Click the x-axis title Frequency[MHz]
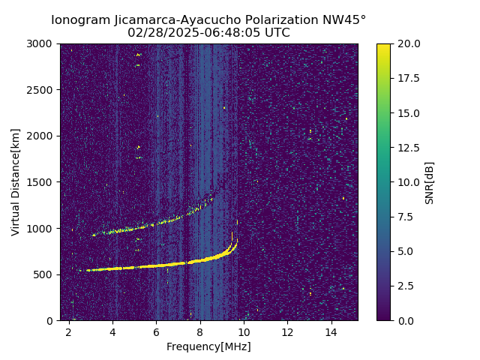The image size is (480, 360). [x=208, y=346]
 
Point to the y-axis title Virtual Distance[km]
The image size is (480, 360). [x=16, y=181]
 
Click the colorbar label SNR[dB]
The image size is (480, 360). [x=430, y=182]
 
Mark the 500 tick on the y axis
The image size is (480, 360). [x=46, y=274]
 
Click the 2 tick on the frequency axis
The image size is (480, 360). [x=69, y=332]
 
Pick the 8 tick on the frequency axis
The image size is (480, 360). [x=200, y=332]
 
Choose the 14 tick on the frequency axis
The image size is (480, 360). [x=331, y=332]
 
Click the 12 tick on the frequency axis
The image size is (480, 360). [x=287, y=332]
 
